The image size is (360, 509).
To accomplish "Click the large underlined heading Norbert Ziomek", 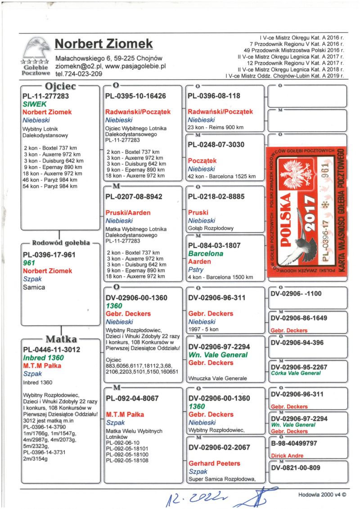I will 103,44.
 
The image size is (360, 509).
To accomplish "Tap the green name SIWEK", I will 35,104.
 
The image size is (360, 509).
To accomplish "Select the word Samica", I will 34,287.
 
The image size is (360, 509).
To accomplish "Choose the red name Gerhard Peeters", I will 214,463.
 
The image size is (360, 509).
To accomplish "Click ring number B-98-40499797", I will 294,443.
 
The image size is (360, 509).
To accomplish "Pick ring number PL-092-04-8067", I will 132,398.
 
